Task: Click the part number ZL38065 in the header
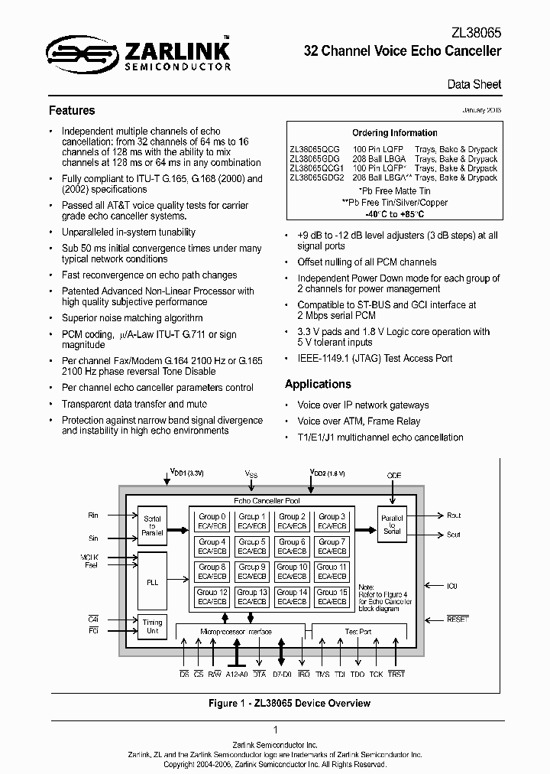coord(474,33)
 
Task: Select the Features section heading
coord(72,110)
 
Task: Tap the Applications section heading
coord(318,384)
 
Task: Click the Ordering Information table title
coord(394,132)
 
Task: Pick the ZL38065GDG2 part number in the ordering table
coord(317,177)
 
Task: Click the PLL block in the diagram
coord(152,581)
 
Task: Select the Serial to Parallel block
coord(152,525)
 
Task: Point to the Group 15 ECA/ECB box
coord(332,597)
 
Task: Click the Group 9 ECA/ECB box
coord(252,571)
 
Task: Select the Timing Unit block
coord(152,626)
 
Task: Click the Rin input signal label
coord(94,515)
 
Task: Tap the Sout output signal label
coord(454,535)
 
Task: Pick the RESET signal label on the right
coord(458,619)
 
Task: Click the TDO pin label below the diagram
coord(357,674)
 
